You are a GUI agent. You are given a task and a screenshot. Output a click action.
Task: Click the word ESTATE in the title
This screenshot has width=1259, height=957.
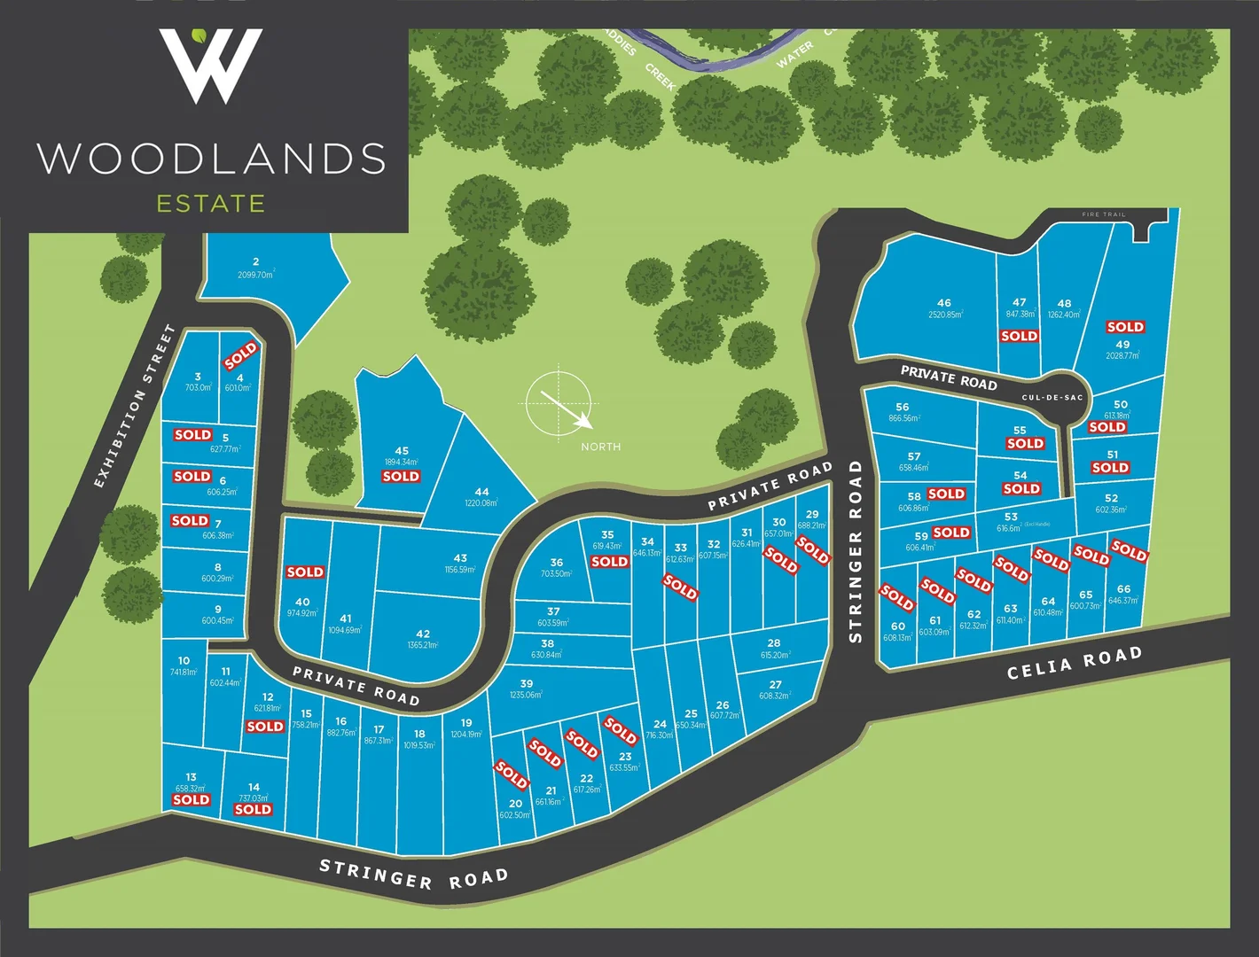(211, 204)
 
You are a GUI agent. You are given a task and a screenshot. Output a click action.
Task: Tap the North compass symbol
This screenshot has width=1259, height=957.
(558, 403)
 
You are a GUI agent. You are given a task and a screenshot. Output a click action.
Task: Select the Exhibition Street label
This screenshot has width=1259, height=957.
(136, 407)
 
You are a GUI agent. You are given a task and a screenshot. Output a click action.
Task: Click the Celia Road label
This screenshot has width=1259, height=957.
(1074, 663)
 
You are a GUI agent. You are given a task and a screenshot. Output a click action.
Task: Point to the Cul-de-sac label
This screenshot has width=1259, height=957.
(1052, 398)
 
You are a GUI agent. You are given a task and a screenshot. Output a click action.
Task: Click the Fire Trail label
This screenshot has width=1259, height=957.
(1104, 214)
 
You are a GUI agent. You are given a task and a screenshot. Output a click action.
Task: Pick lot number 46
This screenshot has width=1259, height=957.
(944, 302)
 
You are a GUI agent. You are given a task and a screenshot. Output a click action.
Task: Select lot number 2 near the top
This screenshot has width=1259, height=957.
(255, 261)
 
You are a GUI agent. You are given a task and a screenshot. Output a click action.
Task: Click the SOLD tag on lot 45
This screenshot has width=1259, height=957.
(401, 477)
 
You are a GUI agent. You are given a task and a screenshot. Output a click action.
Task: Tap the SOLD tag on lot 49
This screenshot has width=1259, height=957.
(1125, 327)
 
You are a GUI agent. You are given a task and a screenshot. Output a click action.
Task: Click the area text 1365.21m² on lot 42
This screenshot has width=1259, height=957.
(423, 645)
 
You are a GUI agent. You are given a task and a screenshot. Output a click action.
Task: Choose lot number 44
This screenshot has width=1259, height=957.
(481, 492)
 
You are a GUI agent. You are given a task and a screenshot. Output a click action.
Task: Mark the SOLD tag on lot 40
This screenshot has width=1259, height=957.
(305, 572)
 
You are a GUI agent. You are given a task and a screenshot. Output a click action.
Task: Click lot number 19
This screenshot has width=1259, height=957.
(466, 723)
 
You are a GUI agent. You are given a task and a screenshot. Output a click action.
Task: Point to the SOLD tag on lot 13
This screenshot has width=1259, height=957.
(191, 799)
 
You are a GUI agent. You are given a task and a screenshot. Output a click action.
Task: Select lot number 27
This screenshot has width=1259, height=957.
(775, 684)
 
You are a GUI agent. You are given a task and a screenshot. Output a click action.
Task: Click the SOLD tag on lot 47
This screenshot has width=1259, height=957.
(1019, 336)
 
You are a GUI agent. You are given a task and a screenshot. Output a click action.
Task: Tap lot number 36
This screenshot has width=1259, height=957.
(556, 563)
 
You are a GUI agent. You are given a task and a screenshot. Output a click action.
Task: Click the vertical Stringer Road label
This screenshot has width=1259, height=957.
(856, 550)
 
